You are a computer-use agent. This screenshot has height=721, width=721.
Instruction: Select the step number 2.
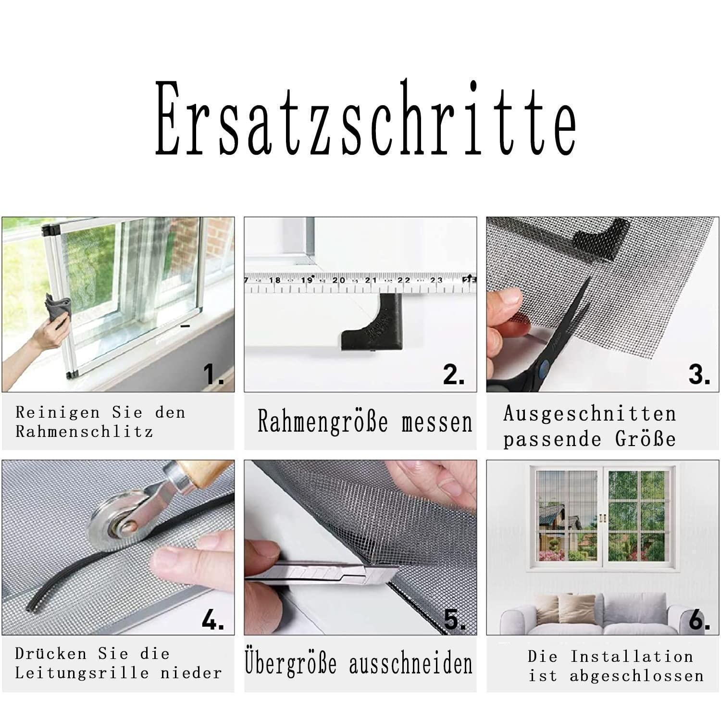click(454, 373)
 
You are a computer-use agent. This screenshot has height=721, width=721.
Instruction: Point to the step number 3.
click(699, 373)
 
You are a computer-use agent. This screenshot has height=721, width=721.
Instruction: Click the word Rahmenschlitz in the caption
click(84, 431)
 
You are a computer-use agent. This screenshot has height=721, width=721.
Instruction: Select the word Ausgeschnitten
click(590, 413)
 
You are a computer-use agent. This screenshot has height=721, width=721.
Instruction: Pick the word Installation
click(632, 656)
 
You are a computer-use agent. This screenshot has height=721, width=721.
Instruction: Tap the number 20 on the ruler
click(339, 280)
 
